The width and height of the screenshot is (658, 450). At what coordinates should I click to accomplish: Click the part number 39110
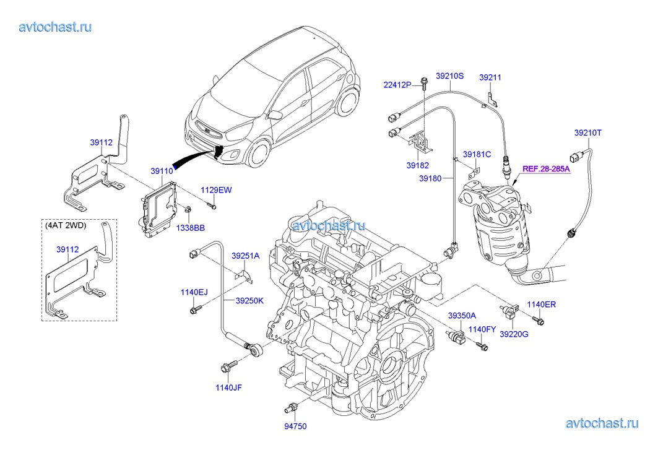click(x=161, y=171)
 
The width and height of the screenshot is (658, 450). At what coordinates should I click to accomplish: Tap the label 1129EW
click(x=215, y=190)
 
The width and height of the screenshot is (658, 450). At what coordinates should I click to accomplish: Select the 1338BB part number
click(x=191, y=228)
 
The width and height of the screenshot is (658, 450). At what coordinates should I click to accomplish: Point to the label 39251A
click(x=246, y=256)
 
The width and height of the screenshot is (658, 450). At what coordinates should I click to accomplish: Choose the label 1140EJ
click(x=194, y=292)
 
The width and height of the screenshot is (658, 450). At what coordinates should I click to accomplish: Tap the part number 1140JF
click(x=228, y=387)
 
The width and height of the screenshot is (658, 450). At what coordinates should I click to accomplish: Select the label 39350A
click(x=463, y=316)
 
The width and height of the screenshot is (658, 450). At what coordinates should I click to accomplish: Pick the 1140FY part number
click(x=483, y=329)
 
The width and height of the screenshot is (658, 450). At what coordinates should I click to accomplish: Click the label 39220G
click(x=514, y=334)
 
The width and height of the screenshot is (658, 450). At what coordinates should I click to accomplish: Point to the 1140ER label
click(x=542, y=304)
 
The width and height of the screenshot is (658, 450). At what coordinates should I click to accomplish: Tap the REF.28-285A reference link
click(x=546, y=168)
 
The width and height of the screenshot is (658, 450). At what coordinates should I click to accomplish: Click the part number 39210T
click(x=587, y=132)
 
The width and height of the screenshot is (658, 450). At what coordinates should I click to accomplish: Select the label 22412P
click(x=397, y=85)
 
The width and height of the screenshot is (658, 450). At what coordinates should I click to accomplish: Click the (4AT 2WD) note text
click(x=66, y=225)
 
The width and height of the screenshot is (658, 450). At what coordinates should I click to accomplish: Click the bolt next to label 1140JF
click(x=229, y=366)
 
